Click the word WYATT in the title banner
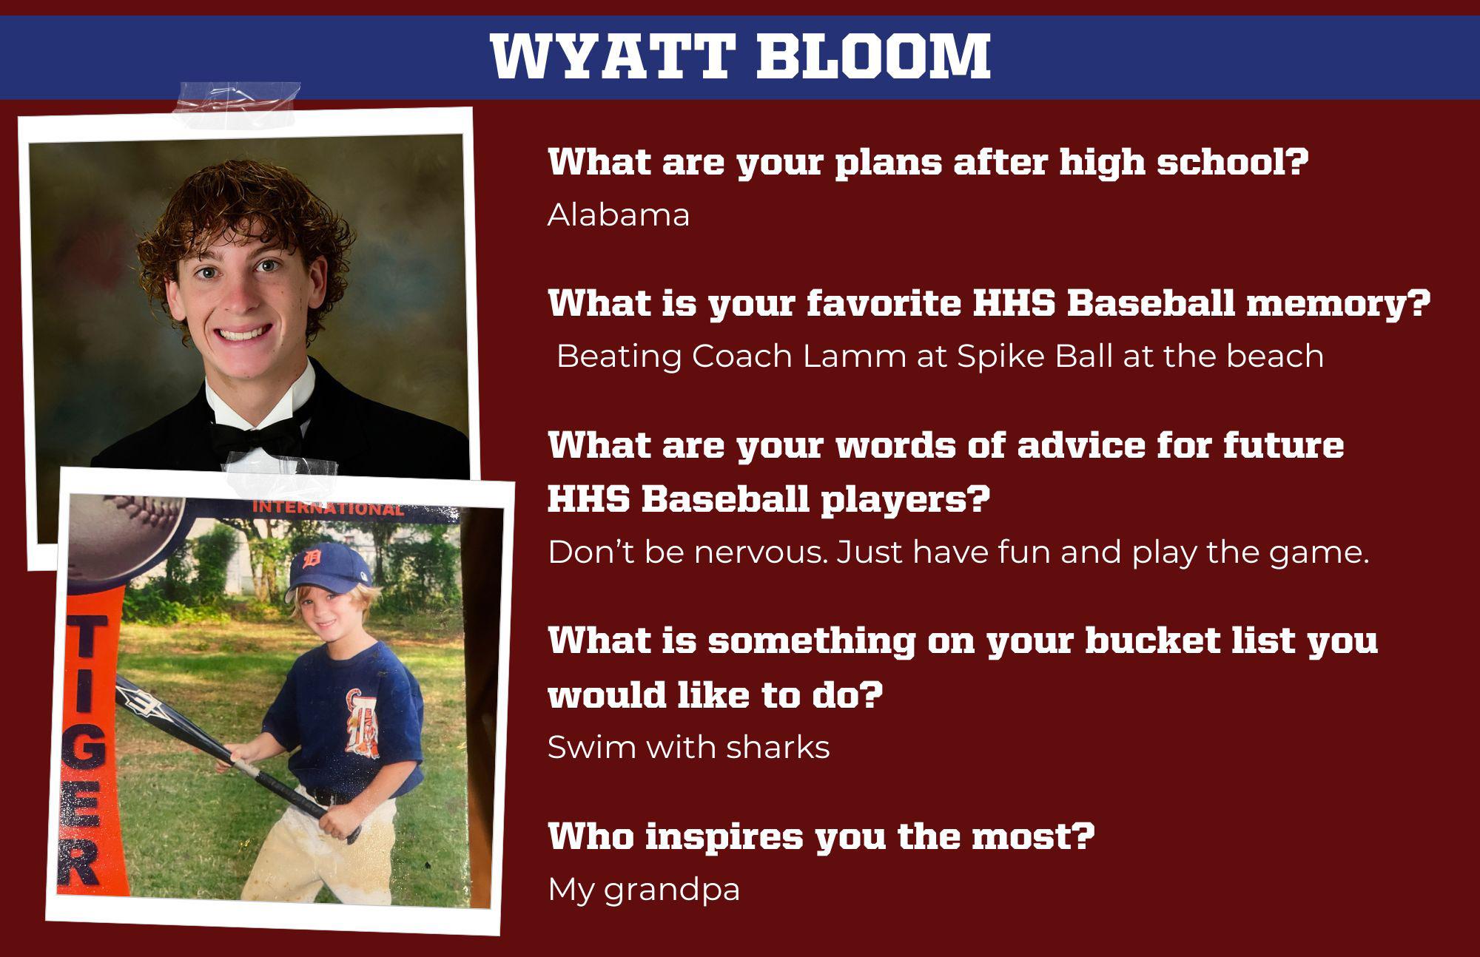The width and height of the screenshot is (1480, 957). pyautogui.click(x=611, y=56)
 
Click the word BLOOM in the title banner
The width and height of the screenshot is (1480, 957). pyautogui.click(x=873, y=56)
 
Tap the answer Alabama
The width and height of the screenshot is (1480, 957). pyautogui.click(x=619, y=215)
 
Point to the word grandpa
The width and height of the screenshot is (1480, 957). pyautogui.click(x=672, y=890)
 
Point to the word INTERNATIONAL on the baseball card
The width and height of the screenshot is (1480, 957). pyautogui.click(x=329, y=509)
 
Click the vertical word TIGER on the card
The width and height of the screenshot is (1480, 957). pyautogui.click(x=85, y=751)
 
